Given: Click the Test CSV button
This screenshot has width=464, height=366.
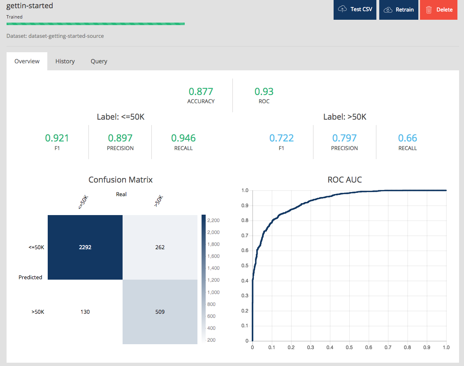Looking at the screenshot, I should point(355,9).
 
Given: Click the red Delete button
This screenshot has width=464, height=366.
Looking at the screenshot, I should point(438,9).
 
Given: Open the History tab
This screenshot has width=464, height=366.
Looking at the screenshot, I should point(65,61).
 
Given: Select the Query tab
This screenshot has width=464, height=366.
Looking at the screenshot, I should point(99,61).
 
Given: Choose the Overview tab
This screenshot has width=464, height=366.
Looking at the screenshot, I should point(27,61).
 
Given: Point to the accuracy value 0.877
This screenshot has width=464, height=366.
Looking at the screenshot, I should point(201,91).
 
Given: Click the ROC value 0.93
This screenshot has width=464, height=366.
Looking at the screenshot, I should point(264,91).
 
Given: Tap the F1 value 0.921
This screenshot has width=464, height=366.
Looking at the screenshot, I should point(57,138).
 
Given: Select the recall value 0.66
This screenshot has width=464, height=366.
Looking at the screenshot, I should point(407,138).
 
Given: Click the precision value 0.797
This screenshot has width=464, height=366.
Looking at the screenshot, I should point(344,138).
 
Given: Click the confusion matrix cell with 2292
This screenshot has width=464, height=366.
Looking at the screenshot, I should point(85,247).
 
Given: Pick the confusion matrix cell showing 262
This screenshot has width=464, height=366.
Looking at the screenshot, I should point(160,247).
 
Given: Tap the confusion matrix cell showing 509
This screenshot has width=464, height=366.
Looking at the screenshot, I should point(160,312).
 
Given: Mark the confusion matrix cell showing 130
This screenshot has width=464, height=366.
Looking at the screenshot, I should point(85,312).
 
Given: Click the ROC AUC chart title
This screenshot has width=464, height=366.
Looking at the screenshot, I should point(345,180).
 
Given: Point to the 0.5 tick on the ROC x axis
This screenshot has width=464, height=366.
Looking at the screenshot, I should point(349,347).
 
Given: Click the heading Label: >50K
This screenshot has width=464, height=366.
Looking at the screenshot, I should point(345,117).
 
